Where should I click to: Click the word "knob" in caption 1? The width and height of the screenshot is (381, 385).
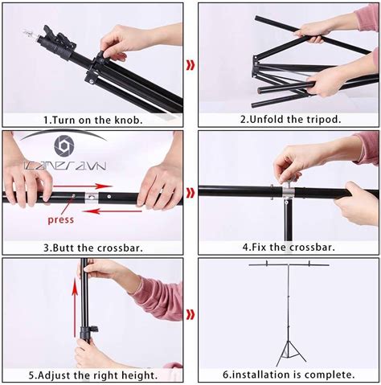coord(127,120)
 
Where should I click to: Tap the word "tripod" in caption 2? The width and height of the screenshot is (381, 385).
coord(323,119)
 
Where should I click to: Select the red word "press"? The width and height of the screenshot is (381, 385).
coord(60,220)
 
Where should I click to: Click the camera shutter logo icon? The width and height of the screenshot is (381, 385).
coord(64,145)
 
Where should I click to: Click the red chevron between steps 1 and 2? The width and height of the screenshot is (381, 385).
coord(190,65)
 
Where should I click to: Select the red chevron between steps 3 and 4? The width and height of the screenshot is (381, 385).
coord(190,192)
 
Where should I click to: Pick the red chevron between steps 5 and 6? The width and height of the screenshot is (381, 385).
coord(190,314)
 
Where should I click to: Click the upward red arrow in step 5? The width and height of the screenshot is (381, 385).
coord(75,307)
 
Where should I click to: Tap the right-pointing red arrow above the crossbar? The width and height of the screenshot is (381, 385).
coord(83,186)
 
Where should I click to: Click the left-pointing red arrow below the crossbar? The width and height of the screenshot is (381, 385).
coord(113,211)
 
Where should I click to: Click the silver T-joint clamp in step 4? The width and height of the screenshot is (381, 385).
coord(287,191)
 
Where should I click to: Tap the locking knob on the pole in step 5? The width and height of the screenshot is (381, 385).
coord(94,329)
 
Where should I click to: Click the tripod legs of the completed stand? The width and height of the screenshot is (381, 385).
coord(291,353)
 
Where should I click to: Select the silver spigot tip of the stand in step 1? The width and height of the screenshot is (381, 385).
coord(30,35)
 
